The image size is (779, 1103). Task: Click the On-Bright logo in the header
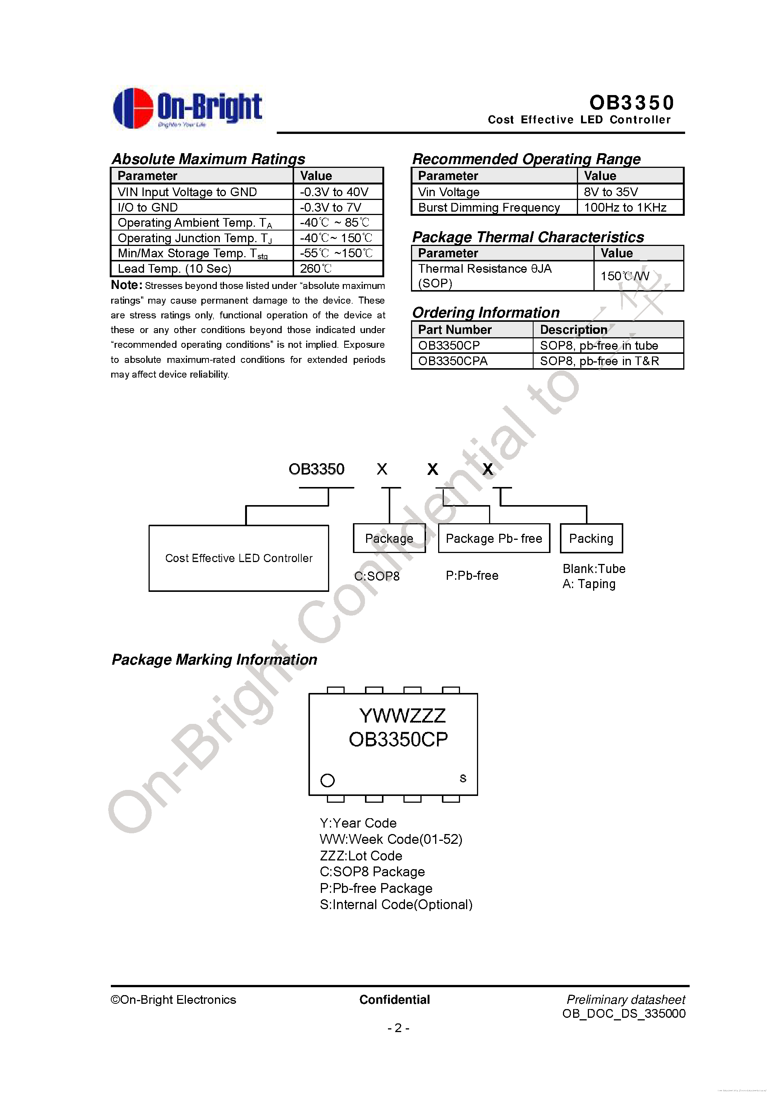(x=187, y=108)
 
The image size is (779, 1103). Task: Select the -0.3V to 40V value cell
(x=334, y=192)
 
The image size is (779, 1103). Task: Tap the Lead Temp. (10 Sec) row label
(x=174, y=269)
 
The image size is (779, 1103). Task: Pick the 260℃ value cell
(x=316, y=269)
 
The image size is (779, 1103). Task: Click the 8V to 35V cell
(x=611, y=192)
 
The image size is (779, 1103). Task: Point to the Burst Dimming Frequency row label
(x=489, y=207)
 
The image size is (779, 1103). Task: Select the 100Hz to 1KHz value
(x=625, y=207)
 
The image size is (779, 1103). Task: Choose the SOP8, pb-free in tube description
(x=599, y=346)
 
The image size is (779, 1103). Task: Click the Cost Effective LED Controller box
(x=239, y=558)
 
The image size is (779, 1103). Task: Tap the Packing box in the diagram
(x=591, y=539)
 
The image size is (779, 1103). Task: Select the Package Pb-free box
(x=494, y=539)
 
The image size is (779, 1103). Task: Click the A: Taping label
(x=589, y=584)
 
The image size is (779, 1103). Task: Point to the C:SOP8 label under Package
(x=377, y=576)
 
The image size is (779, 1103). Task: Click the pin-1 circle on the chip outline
(x=328, y=780)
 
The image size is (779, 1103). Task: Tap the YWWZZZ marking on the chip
(x=402, y=716)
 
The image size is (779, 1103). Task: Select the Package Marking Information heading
(x=214, y=660)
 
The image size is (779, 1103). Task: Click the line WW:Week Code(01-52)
(x=391, y=839)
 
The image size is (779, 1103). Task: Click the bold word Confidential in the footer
(x=394, y=1000)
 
